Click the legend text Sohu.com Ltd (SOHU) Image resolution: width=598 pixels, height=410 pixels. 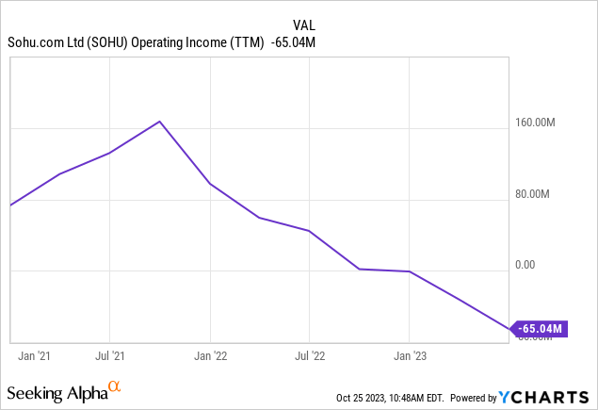[x=67, y=41]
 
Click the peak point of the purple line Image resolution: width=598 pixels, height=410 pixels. [x=160, y=122]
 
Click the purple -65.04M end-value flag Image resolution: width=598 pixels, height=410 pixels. [x=541, y=329]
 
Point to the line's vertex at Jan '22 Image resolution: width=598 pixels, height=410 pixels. [x=210, y=184]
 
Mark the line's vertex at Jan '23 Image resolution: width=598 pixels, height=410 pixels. [x=409, y=271]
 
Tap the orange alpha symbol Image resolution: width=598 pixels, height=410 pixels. [x=114, y=386]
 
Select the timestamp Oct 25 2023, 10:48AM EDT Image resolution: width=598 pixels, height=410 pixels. [x=390, y=398]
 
